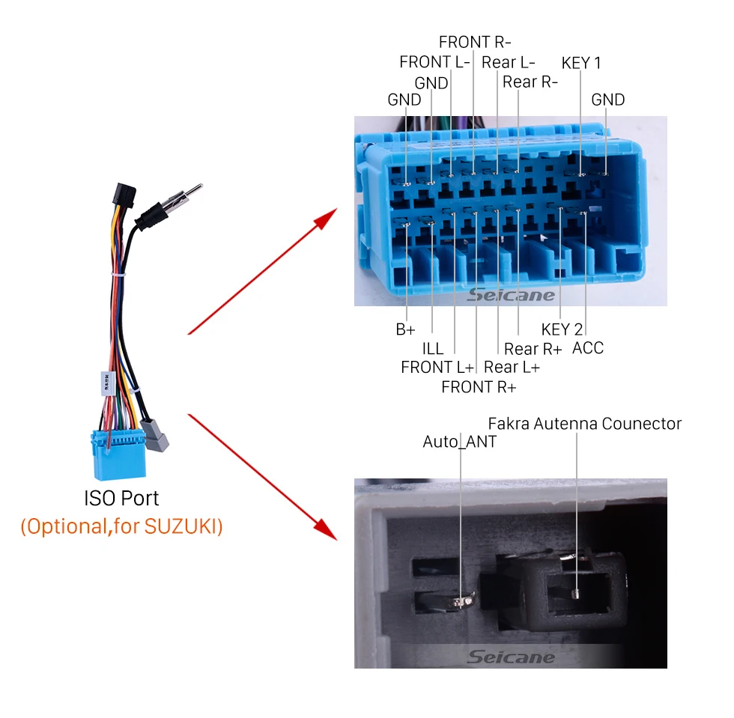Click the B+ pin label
click(x=405, y=329)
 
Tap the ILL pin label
click(x=433, y=348)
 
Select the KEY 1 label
click(x=581, y=63)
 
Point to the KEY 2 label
click(x=562, y=329)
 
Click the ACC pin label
click(x=588, y=348)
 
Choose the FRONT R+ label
click(x=479, y=387)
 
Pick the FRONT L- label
click(x=434, y=62)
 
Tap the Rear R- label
click(x=530, y=82)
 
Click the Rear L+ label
click(x=512, y=368)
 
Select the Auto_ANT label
click(x=459, y=442)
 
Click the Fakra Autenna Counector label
click(x=585, y=424)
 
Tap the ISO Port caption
click(x=121, y=499)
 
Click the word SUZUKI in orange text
click(x=184, y=526)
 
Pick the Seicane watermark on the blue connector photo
click(x=511, y=295)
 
